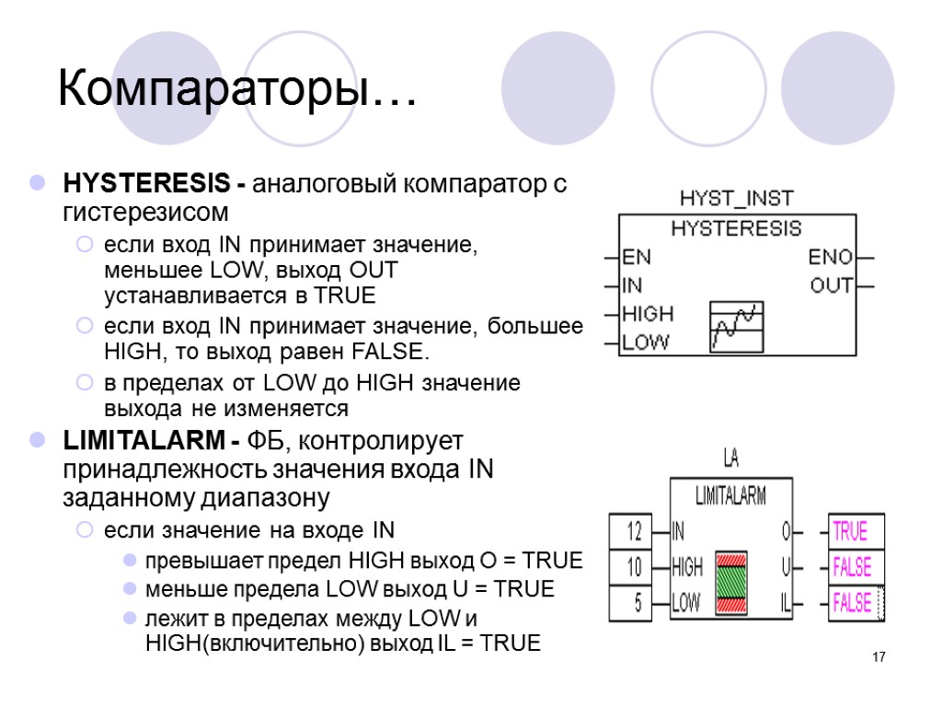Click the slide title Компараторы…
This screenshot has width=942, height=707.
click(236, 89)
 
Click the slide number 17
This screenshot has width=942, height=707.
click(879, 657)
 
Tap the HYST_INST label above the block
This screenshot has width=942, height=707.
click(736, 198)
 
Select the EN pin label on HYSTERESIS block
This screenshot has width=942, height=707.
click(637, 257)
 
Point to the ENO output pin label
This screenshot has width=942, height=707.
click(831, 257)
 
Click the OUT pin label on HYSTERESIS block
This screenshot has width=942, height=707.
click(831, 286)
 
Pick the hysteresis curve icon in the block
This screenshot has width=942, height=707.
click(737, 326)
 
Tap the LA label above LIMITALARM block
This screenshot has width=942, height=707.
click(731, 458)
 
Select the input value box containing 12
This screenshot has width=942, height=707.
click(633, 531)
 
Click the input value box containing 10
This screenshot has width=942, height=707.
click(633, 567)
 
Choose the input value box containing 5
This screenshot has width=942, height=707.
click(633, 604)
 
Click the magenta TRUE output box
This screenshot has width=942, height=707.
click(850, 531)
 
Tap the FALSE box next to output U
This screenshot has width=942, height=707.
click(852, 567)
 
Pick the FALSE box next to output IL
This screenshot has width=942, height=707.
click(852, 604)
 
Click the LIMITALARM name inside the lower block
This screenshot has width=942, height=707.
click(730, 497)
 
